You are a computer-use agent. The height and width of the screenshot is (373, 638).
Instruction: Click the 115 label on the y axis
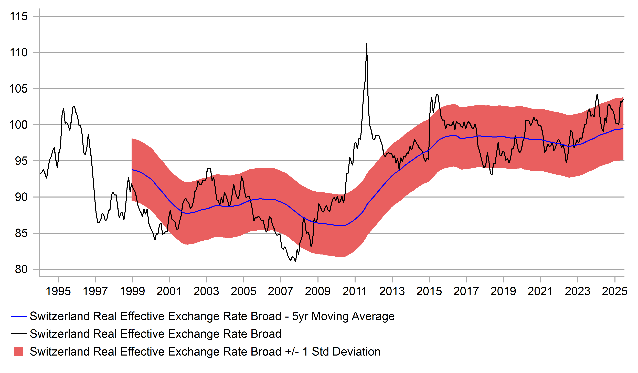coord(18,16)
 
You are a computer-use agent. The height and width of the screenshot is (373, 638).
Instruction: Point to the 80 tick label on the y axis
coord(21,269)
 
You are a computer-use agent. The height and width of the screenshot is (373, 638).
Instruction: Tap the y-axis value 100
coord(18,125)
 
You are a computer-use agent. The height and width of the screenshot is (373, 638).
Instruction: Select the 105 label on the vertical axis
coord(18,89)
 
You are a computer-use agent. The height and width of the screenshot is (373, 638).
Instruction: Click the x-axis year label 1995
coord(58,291)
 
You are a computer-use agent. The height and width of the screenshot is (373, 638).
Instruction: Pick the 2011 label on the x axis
coord(355,291)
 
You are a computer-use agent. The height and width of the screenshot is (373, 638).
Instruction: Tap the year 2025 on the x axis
coord(614,291)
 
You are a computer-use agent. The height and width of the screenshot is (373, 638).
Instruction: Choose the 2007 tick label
coord(281,291)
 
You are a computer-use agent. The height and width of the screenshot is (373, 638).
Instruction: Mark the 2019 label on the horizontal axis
coord(503,291)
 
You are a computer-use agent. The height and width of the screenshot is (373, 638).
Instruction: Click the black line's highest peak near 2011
coord(367,44)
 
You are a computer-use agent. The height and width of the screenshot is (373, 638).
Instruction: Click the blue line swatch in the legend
coord(18,316)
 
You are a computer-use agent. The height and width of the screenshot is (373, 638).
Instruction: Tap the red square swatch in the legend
coord(18,352)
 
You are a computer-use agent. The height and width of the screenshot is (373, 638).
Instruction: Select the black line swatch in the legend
coord(18,334)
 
